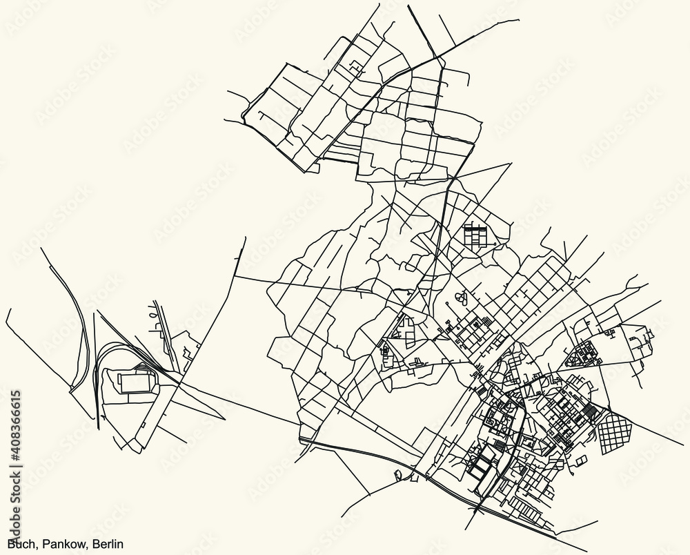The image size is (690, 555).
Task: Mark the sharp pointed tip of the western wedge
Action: [x=224, y=418]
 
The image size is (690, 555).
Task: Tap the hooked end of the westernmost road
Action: [x=6, y=314]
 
